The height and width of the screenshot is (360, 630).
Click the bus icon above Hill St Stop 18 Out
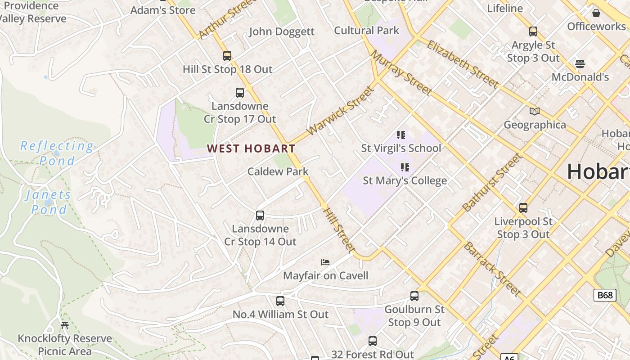227,56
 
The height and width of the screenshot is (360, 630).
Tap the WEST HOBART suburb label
251,148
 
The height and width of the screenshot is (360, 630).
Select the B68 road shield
605,295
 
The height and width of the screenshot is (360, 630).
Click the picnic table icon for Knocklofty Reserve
65,325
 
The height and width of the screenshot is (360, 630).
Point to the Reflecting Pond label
57,153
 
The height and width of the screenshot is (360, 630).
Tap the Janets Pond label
49,202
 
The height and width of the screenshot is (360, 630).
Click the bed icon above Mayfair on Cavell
325,262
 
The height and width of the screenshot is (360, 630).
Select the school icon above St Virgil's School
401,135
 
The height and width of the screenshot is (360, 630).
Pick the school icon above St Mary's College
405,167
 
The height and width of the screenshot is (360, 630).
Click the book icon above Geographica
534,111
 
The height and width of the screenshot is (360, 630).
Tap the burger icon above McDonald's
580,63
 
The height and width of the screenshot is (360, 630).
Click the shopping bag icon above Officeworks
596,13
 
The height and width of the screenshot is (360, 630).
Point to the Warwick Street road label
340,111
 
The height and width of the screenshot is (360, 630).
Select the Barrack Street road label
492,269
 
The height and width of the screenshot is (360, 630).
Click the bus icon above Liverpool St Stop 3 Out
523,208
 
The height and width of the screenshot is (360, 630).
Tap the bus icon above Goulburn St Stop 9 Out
414,296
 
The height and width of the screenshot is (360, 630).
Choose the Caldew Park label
278,171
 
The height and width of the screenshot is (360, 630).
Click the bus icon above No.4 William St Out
280,301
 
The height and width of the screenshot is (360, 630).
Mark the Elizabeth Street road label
463,64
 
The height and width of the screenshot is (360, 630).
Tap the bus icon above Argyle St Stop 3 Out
533,31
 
